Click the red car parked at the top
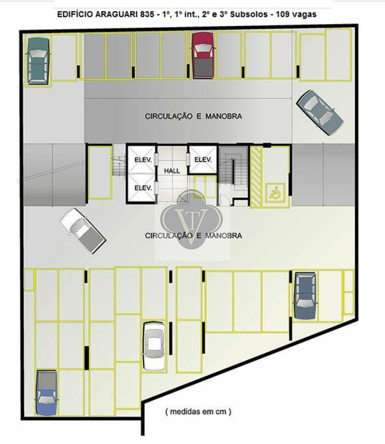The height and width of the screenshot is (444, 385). [x=203, y=55]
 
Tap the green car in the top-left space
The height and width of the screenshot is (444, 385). [x=38, y=61]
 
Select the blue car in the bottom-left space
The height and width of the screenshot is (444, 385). [x=47, y=393]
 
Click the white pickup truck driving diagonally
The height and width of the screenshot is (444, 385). [x=83, y=231]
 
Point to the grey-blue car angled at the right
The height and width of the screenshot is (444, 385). [x=320, y=112]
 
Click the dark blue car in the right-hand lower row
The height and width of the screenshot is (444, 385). [x=305, y=296]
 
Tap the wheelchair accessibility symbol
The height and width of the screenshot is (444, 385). [x=275, y=192]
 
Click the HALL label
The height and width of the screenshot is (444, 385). [x=172, y=171]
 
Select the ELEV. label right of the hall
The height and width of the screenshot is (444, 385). [x=203, y=160]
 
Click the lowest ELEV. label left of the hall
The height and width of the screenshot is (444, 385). [x=143, y=188]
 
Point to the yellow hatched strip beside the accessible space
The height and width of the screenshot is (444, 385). [x=257, y=177]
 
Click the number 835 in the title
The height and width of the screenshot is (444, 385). [x=147, y=14]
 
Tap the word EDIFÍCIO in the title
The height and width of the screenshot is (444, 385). [x=75, y=14]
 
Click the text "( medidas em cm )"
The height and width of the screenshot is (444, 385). [x=198, y=411]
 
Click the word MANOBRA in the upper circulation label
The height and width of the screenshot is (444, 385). [x=223, y=116]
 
